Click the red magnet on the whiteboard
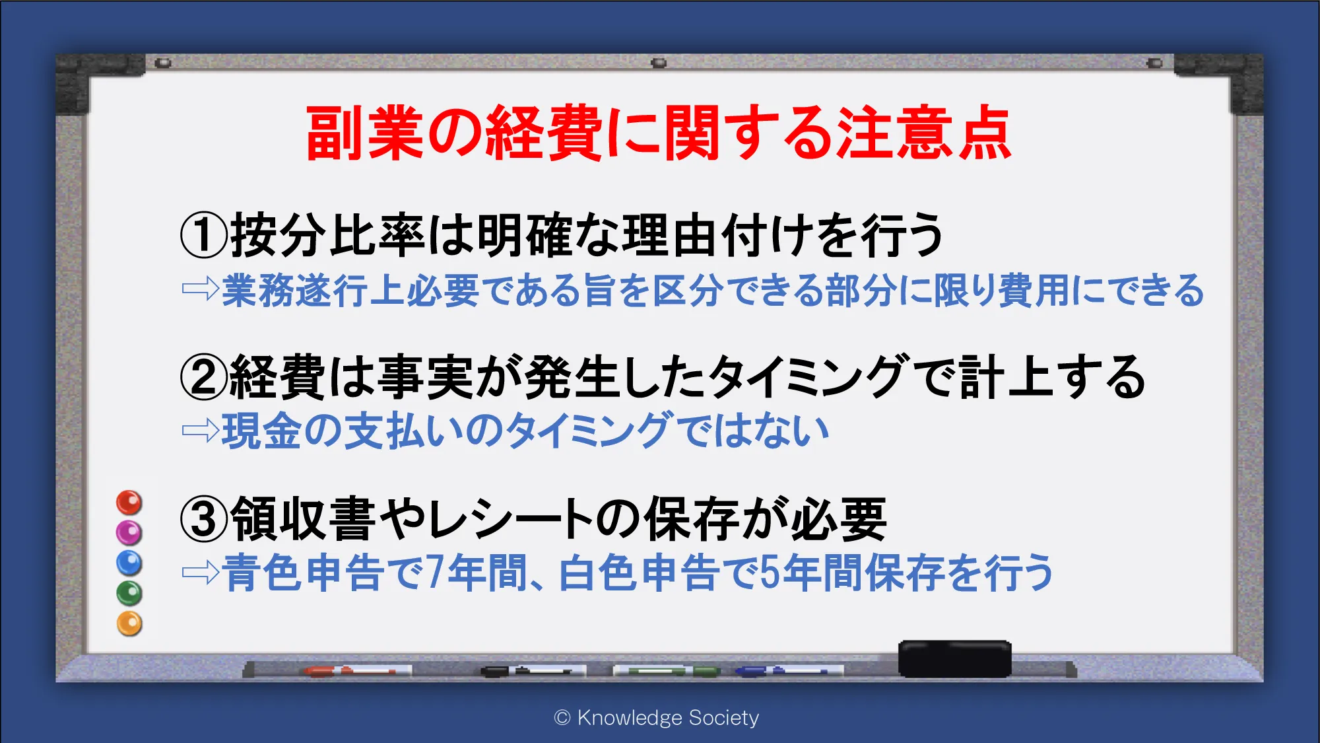129,503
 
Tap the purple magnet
129,532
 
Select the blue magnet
129,563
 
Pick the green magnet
129,593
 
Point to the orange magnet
129,623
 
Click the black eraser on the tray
955,658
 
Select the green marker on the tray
667,671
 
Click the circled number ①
205,236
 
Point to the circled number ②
205,377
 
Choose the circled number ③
205,519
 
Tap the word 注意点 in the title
924,133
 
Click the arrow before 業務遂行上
201,289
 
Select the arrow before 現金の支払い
201,431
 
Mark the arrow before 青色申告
201,573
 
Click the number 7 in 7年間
435,572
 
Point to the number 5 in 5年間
770,572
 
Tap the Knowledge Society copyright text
657,718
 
